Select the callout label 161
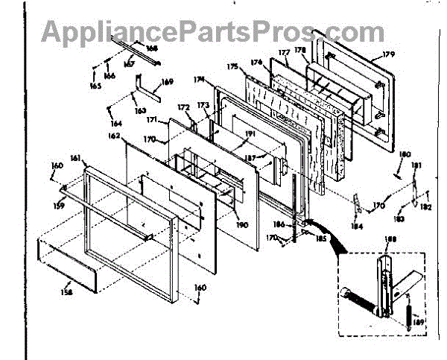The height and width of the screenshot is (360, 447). click(75, 158)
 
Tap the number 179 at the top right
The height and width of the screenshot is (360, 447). click(389, 54)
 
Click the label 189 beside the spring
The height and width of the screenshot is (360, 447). click(419, 321)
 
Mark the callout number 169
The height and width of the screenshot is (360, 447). click(167, 81)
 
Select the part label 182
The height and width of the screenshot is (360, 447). click(427, 206)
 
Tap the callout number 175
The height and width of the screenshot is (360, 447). click(233, 67)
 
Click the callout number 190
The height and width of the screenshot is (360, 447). click(243, 224)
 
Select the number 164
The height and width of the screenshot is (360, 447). click(116, 123)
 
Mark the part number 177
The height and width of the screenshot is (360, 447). click(284, 53)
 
